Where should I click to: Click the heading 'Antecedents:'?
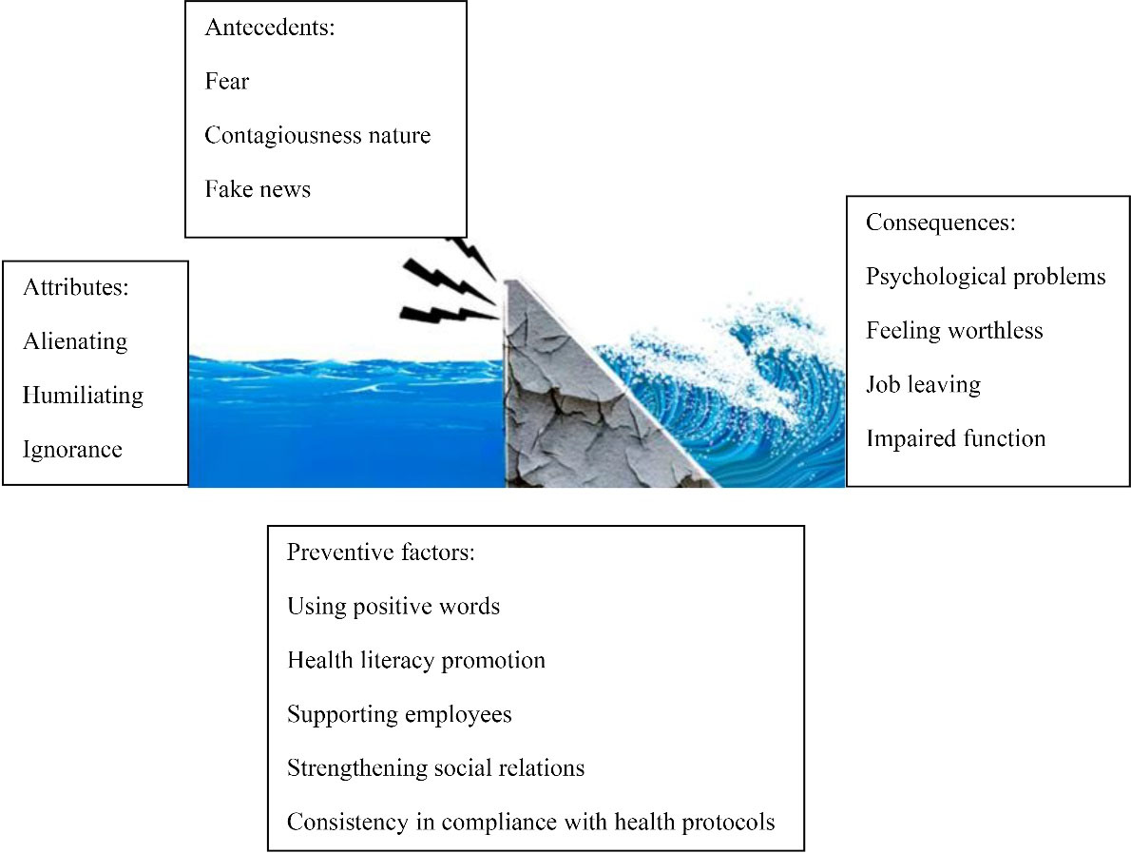pyautogui.click(x=270, y=28)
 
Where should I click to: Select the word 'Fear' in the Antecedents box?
pyautogui.click(x=226, y=81)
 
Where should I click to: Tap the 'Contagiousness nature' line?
pyautogui.click(x=317, y=135)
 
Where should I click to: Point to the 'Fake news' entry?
pyautogui.click(x=258, y=189)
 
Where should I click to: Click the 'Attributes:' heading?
pyautogui.click(x=76, y=287)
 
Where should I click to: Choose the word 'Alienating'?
pyautogui.click(x=75, y=341)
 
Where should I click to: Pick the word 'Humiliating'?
pyautogui.click(x=83, y=396)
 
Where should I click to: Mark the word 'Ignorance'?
pyautogui.click(x=72, y=450)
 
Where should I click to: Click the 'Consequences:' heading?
pyautogui.click(x=941, y=223)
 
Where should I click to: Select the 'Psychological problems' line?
pyautogui.click(x=986, y=277)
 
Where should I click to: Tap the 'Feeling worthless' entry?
pyautogui.click(x=954, y=331)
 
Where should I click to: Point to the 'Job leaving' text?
pyautogui.click(x=923, y=384)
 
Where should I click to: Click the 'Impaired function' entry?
pyautogui.click(x=956, y=438)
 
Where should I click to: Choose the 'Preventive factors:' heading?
pyautogui.click(x=381, y=553)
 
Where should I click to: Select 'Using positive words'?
pyautogui.click(x=393, y=606)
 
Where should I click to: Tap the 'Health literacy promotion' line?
pyautogui.click(x=416, y=660)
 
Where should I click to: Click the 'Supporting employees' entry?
pyautogui.click(x=399, y=714)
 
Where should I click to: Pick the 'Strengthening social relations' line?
pyautogui.click(x=435, y=767)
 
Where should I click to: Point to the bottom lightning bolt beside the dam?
pyautogui.click(x=449, y=314)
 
